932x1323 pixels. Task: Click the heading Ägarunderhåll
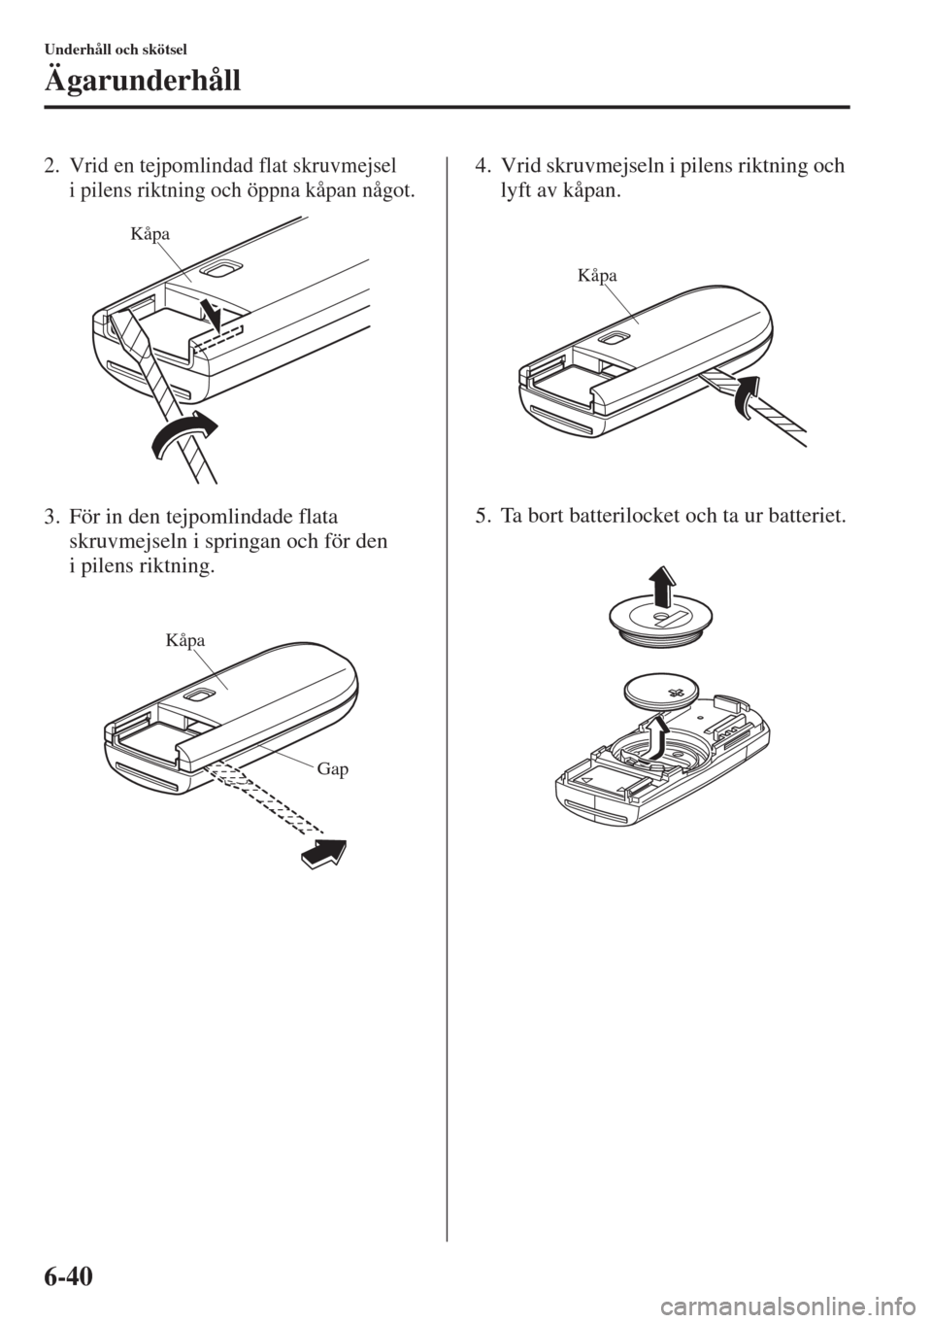143,80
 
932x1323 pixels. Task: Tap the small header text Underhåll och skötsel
116,50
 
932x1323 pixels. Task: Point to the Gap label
333,769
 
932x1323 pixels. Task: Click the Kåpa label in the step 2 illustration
150,234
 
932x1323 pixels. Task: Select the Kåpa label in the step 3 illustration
185,640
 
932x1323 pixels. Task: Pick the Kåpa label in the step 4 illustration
597,276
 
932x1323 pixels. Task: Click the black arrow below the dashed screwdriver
323,854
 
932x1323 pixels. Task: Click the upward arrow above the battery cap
662,586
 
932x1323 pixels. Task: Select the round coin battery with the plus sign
662,693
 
